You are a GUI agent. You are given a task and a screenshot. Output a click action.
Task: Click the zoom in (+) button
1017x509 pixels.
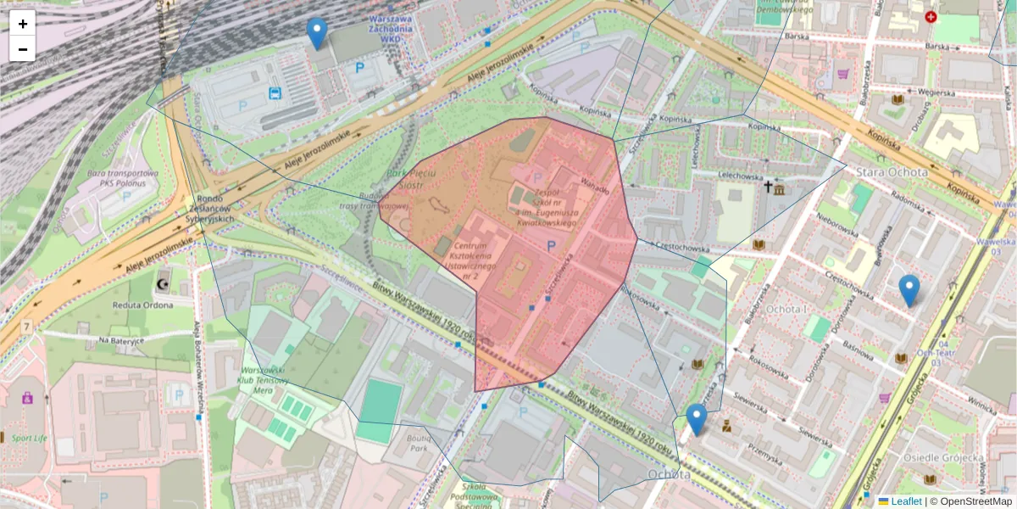pyautogui.click(x=23, y=24)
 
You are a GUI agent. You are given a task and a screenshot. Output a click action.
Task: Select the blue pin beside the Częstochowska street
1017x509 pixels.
pyautogui.click(x=909, y=291)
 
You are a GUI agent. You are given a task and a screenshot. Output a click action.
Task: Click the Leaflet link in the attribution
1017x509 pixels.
pyautogui.click(x=906, y=501)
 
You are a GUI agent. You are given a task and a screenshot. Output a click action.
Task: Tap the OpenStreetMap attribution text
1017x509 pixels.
pyautogui.click(x=970, y=501)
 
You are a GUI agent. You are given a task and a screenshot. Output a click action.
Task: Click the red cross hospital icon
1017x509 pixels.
pyautogui.click(x=931, y=17)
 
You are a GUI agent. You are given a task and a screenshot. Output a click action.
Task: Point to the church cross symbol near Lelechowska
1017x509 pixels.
pyautogui.click(x=768, y=186)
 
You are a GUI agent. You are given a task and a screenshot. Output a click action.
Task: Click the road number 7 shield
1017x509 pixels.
pyautogui.click(x=27, y=326)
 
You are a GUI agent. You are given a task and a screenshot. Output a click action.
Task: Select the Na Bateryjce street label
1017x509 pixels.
pyautogui.click(x=122, y=339)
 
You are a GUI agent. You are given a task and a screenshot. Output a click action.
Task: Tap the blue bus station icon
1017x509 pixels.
pyautogui.click(x=274, y=94)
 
